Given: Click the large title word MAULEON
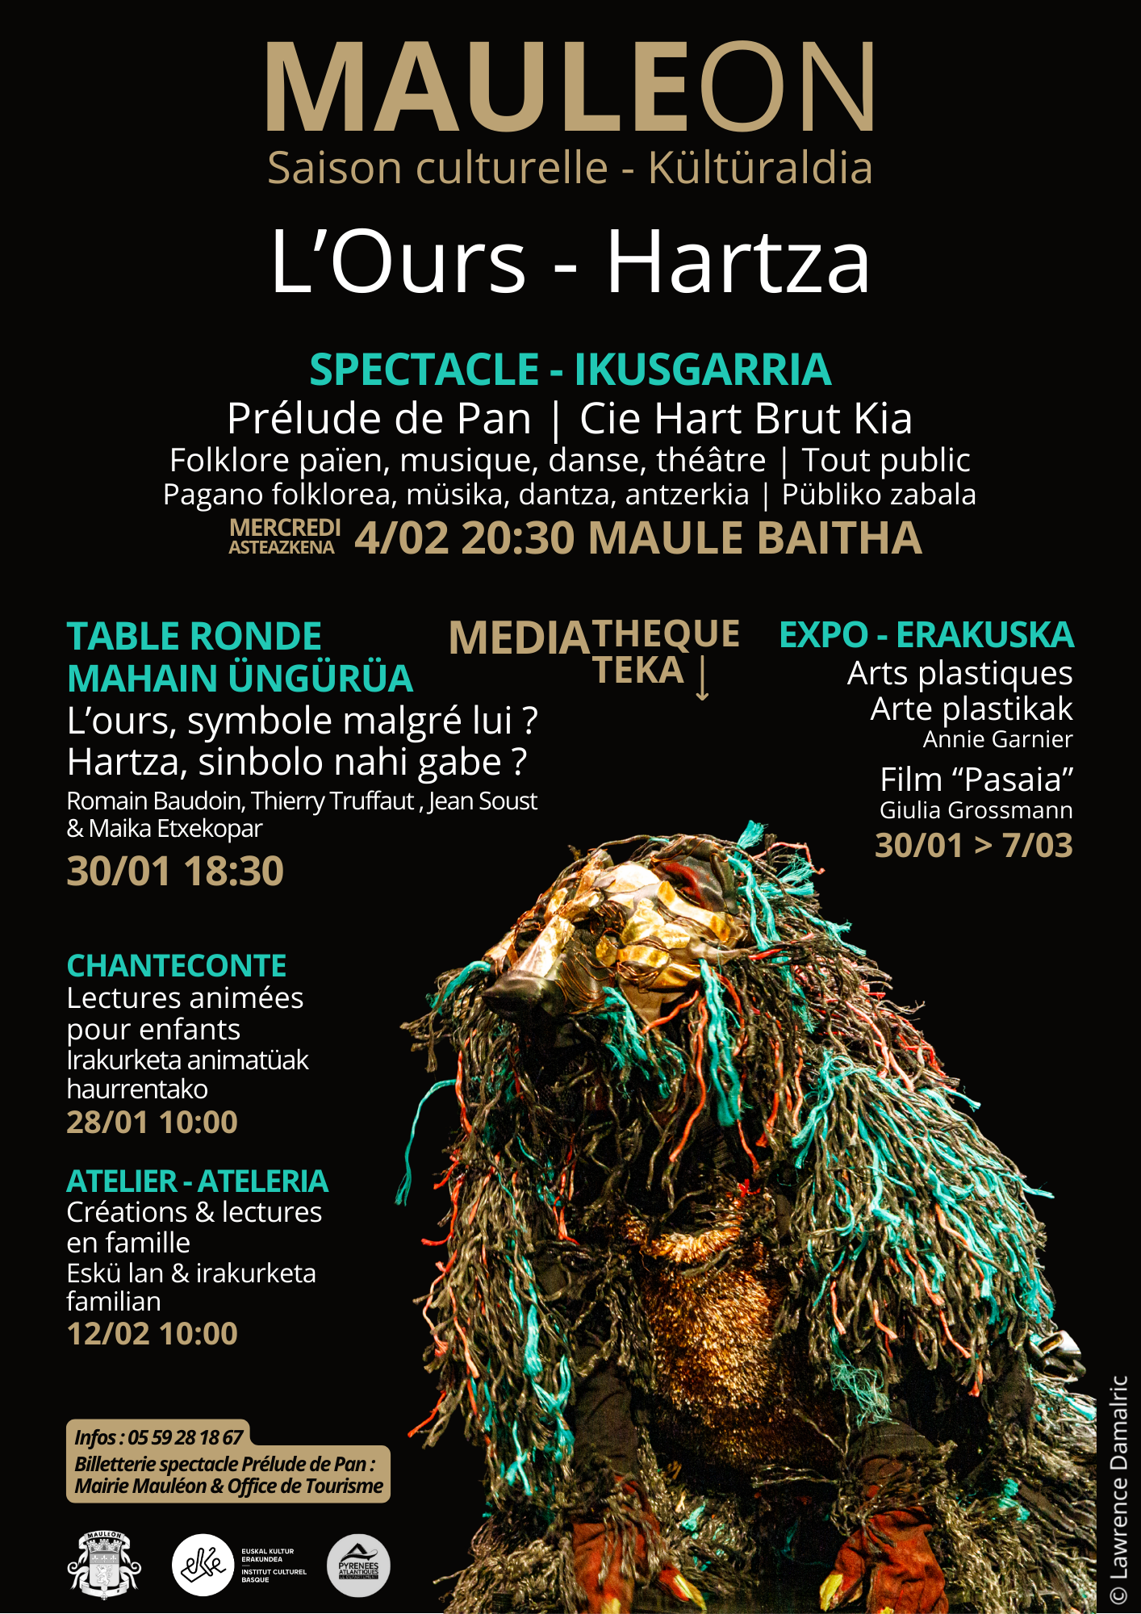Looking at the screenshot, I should pyautogui.click(x=570, y=87).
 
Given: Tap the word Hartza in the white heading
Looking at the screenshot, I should pyautogui.click(x=738, y=261).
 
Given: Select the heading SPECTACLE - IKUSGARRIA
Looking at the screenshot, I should pyautogui.click(x=570, y=370).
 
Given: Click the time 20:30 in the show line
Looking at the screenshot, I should pyautogui.click(x=517, y=538).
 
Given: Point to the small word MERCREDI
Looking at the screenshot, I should pyautogui.click(x=285, y=527).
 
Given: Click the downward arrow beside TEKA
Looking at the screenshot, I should pyautogui.click(x=702, y=678).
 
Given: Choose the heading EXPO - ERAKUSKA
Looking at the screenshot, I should pyautogui.click(x=926, y=635).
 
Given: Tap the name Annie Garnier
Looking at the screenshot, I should pyautogui.click(x=997, y=739).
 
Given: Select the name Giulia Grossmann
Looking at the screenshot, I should pyautogui.click(x=976, y=810).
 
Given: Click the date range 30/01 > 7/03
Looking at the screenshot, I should pyautogui.click(x=973, y=846).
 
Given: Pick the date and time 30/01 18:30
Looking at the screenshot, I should pyautogui.click(x=175, y=872).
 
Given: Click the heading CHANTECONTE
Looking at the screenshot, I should pyautogui.click(x=177, y=966).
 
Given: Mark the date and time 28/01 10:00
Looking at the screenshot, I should pyautogui.click(x=152, y=1123).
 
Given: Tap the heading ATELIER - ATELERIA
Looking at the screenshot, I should pyautogui.click(x=197, y=1181).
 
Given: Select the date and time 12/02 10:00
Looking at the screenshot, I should pyautogui.click(x=152, y=1334).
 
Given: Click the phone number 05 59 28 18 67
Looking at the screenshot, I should pyautogui.click(x=185, y=1437).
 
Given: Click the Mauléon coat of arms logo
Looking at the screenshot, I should pyautogui.click(x=104, y=1566).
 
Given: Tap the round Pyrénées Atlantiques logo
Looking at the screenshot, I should pyautogui.click(x=358, y=1566).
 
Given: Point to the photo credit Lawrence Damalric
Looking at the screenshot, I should pyautogui.click(x=1118, y=1489).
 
